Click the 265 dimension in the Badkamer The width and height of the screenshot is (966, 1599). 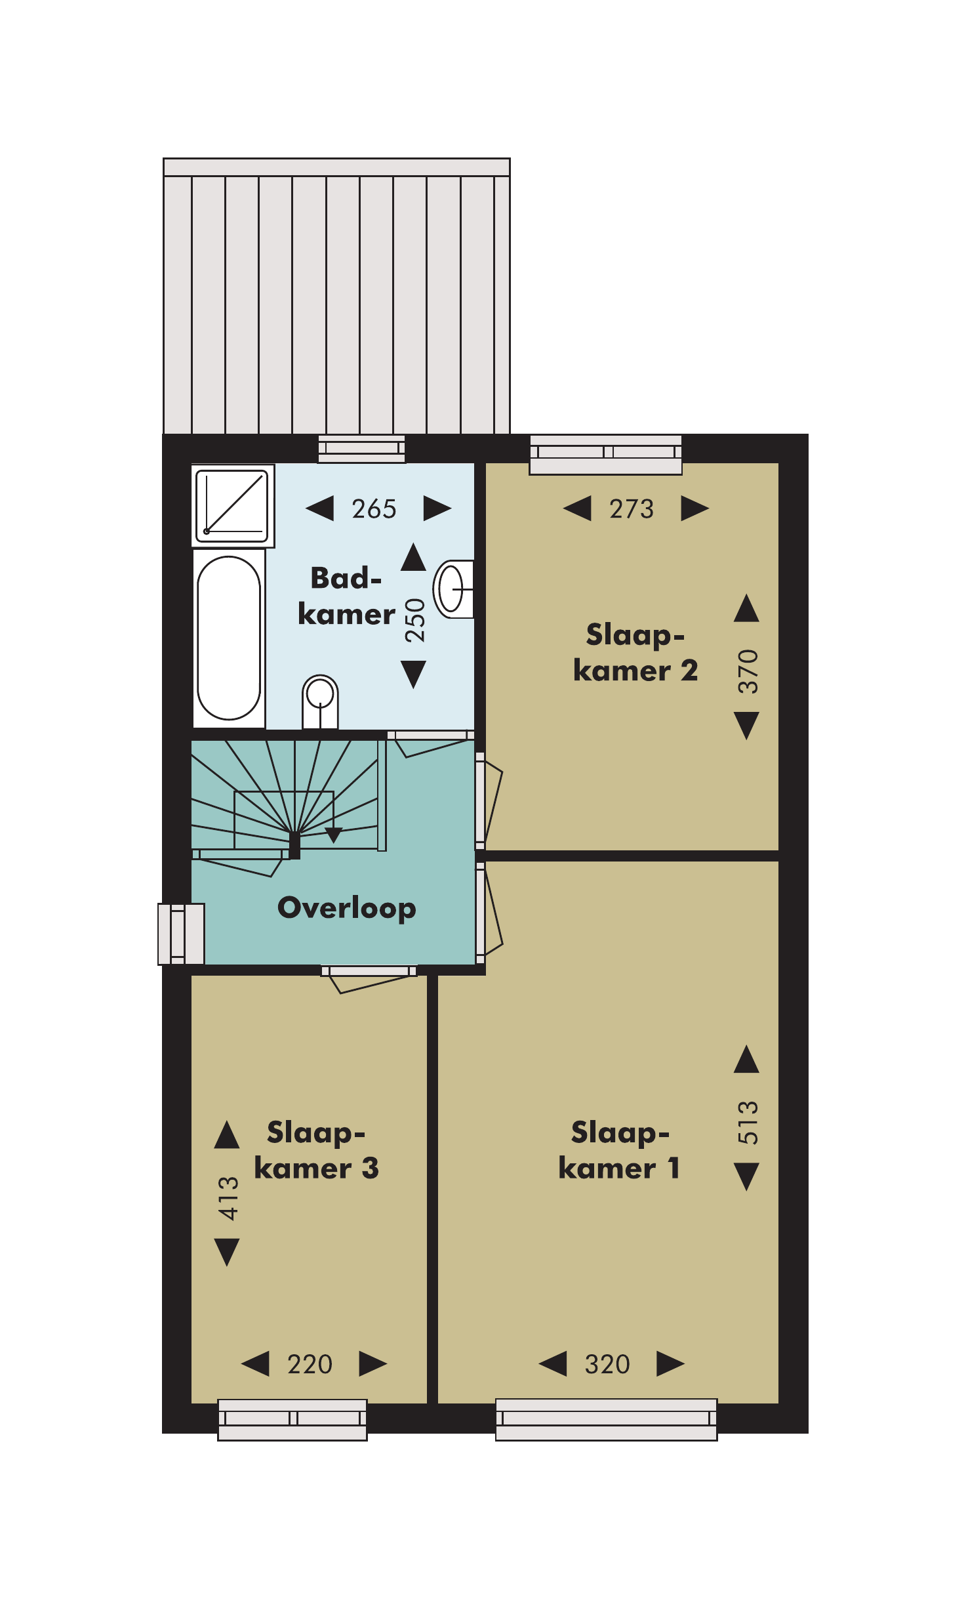point(374,509)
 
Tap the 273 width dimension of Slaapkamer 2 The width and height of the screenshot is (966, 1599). point(632,509)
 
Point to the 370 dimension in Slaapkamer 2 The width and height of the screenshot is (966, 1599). point(748,671)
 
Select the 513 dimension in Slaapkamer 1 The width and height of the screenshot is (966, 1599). point(748,1123)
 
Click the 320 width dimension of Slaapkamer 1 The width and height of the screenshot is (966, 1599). point(607,1364)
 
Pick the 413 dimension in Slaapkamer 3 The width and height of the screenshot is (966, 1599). point(228,1198)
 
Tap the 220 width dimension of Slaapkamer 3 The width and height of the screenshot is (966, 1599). point(310,1364)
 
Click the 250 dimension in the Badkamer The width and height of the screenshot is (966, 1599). point(414,620)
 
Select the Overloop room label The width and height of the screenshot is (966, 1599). point(347,909)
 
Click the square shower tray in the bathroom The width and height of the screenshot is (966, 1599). point(232,506)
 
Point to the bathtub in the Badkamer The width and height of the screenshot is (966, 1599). point(229,638)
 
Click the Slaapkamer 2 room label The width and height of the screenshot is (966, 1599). point(635,653)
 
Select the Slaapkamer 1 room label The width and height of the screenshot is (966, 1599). point(620,1150)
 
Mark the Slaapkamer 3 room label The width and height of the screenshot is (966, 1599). point(316,1150)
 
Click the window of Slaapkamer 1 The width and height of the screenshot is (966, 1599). point(606,1419)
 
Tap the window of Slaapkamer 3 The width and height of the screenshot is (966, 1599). point(292,1420)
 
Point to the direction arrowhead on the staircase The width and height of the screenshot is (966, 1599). point(334,835)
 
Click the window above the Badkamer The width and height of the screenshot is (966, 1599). point(361,449)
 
